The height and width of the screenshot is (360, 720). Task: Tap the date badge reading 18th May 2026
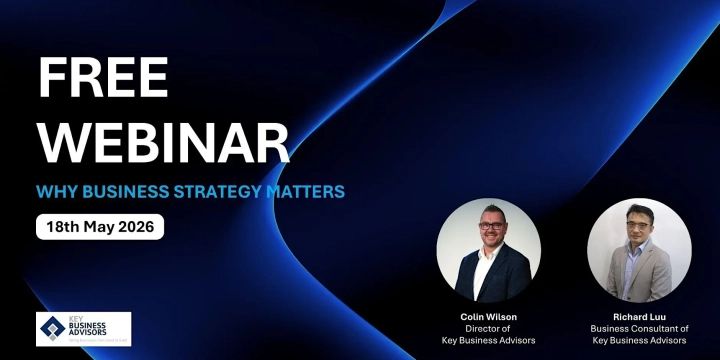pos(100,226)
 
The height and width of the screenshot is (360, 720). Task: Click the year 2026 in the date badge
pos(136,226)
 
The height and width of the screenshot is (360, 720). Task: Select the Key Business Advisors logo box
pos(84,329)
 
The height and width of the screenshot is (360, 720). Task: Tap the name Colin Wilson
pos(488,317)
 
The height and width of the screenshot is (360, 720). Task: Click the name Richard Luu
pos(638,317)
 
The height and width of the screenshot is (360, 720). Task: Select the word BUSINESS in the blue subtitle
pos(123,190)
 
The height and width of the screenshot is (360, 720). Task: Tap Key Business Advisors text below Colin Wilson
pos(488,341)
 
